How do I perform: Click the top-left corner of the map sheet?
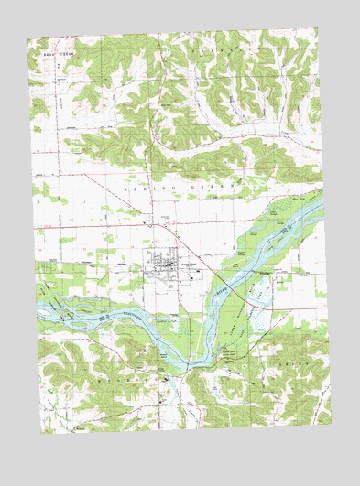click(x=27, y=39)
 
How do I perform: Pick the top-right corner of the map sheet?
click(x=317, y=27)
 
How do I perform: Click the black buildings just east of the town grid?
click(x=187, y=265)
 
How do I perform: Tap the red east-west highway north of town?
click(x=110, y=222)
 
